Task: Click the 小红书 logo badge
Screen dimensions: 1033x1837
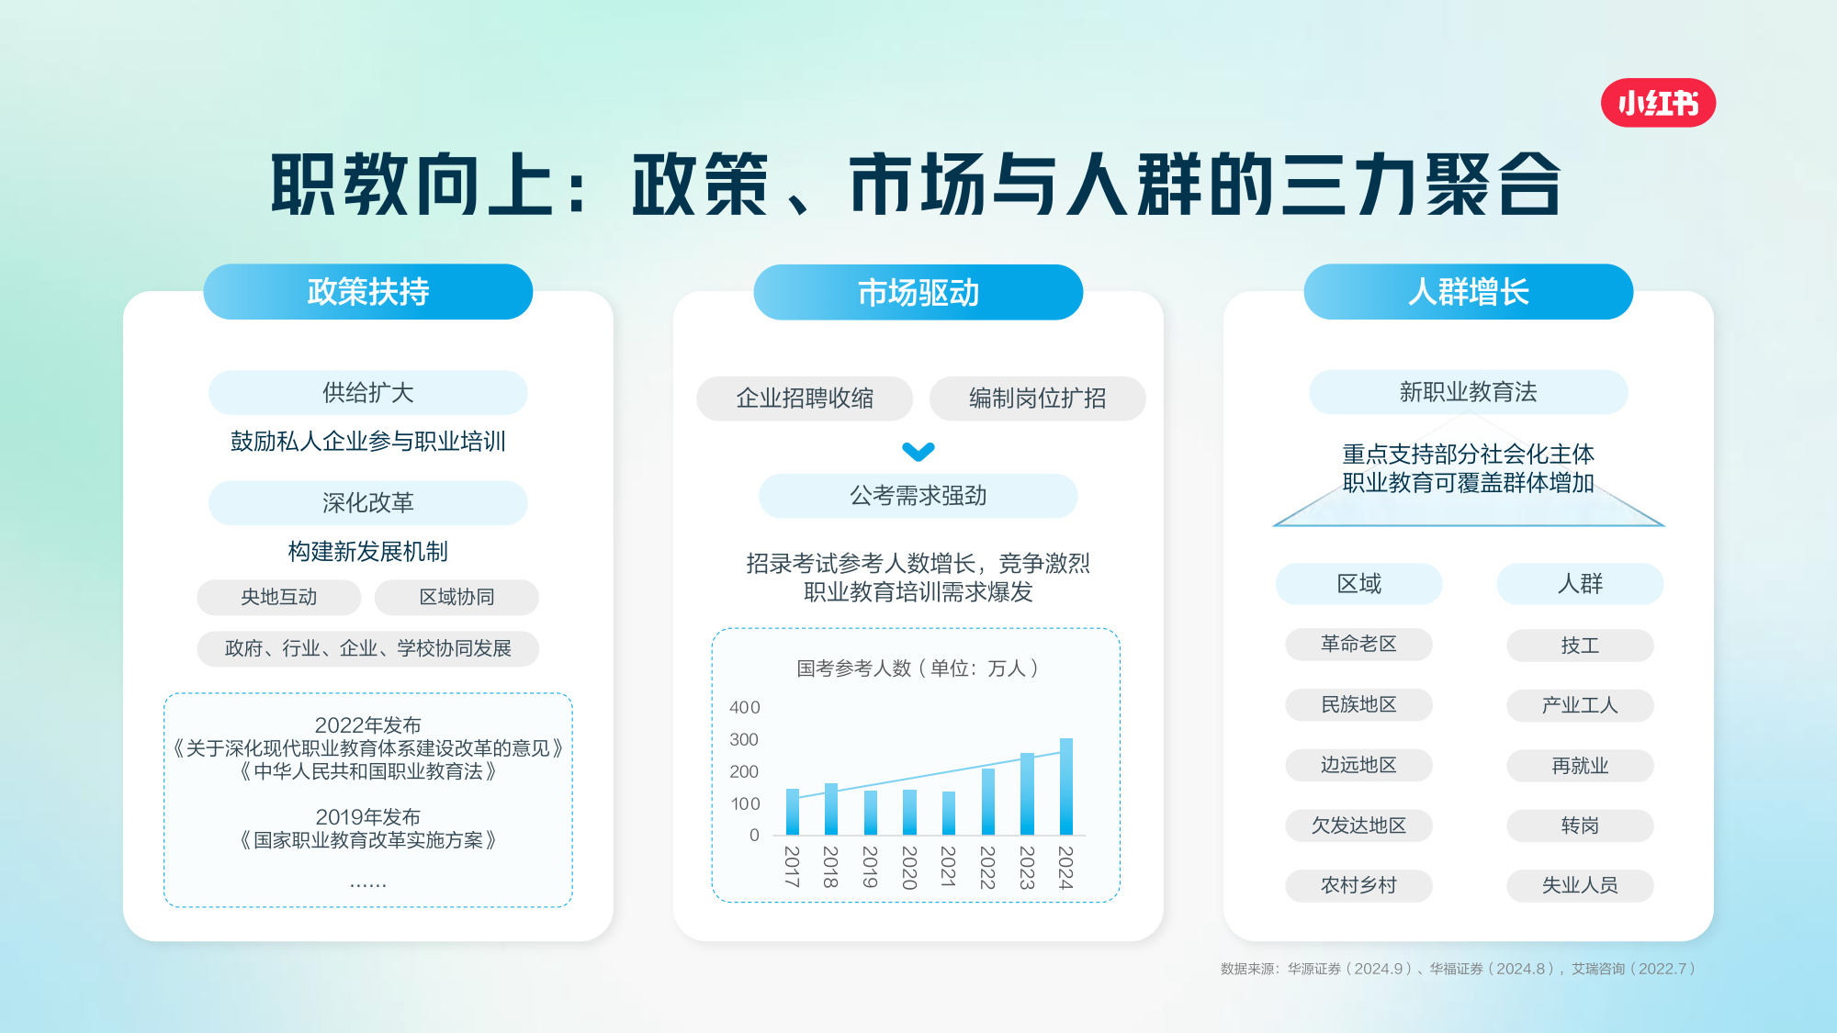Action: (x=1658, y=103)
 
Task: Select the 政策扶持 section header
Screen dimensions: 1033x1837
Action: (x=368, y=292)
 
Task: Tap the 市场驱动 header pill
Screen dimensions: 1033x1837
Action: (x=918, y=292)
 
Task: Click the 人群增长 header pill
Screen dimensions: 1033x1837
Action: (x=1468, y=292)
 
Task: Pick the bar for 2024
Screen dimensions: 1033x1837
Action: (x=1065, y=787)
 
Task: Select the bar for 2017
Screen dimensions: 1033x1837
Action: (x=793, y=812)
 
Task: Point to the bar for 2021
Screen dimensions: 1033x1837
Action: (x=949, y=814)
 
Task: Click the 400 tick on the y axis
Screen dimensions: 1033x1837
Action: (x=745, y=707)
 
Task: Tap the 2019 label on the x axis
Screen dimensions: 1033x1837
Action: (x=870, y=867)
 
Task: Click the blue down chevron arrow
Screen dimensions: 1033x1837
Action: (x=918, y=451)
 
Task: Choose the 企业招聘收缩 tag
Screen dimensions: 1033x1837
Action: (x=805, y=399)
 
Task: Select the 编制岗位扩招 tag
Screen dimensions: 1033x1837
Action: (x=1037, y=399)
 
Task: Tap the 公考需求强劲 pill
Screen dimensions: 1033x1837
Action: (x=918, y=496)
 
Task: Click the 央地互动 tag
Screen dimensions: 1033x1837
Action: (x=278, y=597)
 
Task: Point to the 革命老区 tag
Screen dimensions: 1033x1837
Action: (x=1358, y=645)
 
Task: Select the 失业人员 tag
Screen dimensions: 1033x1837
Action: (x=1580, y=885)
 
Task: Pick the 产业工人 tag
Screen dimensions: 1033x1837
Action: (x=1580, y=705)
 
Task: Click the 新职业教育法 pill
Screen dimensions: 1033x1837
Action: (x=1468, y=392)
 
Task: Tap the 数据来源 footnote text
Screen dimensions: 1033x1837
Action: (x=1458, y=969)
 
